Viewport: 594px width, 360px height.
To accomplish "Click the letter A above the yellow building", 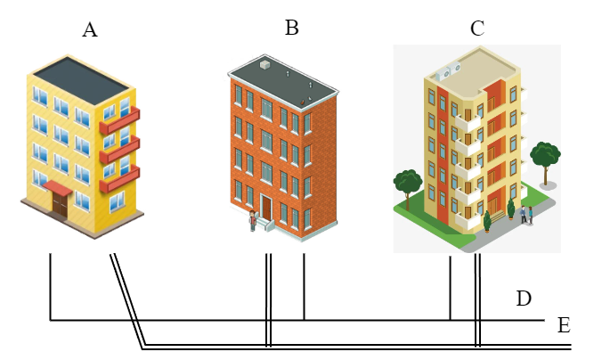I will [x=89, y=30].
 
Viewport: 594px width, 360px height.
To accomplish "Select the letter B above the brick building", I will [x=291, y=28].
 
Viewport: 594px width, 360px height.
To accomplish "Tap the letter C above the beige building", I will [x=477, y=29].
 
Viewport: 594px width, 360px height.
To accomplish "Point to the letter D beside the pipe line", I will [x=524, y=299].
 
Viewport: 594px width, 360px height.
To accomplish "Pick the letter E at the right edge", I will [x=563, y=324].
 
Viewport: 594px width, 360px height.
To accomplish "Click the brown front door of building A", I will [x=60, y=204].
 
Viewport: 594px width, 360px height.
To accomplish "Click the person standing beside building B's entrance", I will [x=252, y=220].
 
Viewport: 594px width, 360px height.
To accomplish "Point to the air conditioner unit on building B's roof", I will [x=264, y=65].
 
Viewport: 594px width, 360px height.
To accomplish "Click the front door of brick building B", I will [x=266, y=208].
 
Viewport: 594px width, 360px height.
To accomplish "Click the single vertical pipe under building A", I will [x=50, y=285].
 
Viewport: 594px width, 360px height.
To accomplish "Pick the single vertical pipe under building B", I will [x=304, y=285].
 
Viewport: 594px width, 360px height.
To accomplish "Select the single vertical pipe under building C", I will [x=451, y=285].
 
